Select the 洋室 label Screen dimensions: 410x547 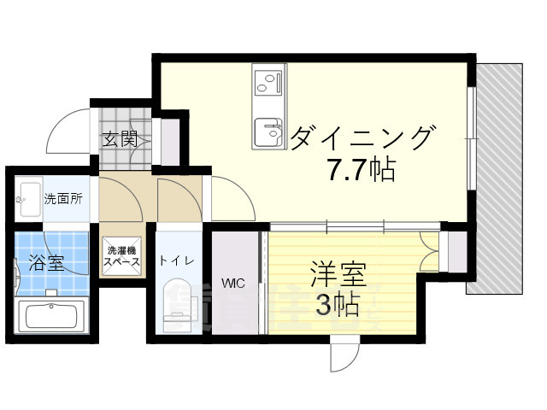pos(337,276)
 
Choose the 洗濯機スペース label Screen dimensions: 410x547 pos(121,257)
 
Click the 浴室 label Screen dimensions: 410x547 pos(47,262)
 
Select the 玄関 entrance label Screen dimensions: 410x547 pos(120,139)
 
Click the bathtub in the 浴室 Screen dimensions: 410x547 pos(51,313)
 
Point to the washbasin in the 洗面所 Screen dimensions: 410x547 pos(28,195)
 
